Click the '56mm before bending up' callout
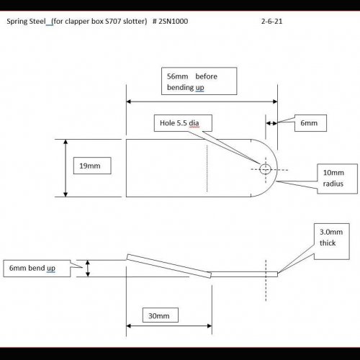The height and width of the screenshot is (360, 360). tap(199, 81)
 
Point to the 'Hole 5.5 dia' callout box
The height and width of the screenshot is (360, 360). tap(183, 123)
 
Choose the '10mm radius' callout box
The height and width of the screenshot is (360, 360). tap(338, 179)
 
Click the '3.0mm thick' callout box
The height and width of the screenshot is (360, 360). tap(332, 241)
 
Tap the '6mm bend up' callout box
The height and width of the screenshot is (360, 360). tap(37, 269)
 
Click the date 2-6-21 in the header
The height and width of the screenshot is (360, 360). tap(271, 22)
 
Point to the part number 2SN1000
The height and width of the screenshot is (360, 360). tap(174, 22)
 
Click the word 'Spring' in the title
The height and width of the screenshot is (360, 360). tap(17, 22)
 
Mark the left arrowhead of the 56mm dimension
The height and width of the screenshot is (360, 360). tap(128, 102)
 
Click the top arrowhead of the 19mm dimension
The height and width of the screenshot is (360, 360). tap(66, 142)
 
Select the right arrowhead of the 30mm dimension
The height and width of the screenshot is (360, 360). tap(210, 326)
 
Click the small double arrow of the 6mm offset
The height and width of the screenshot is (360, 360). tap(271, 123)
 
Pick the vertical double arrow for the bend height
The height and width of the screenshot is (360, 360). tap(88, 269)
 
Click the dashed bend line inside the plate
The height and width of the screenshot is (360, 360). tap(207, 168)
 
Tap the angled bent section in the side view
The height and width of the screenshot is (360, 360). tap(169, 266)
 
